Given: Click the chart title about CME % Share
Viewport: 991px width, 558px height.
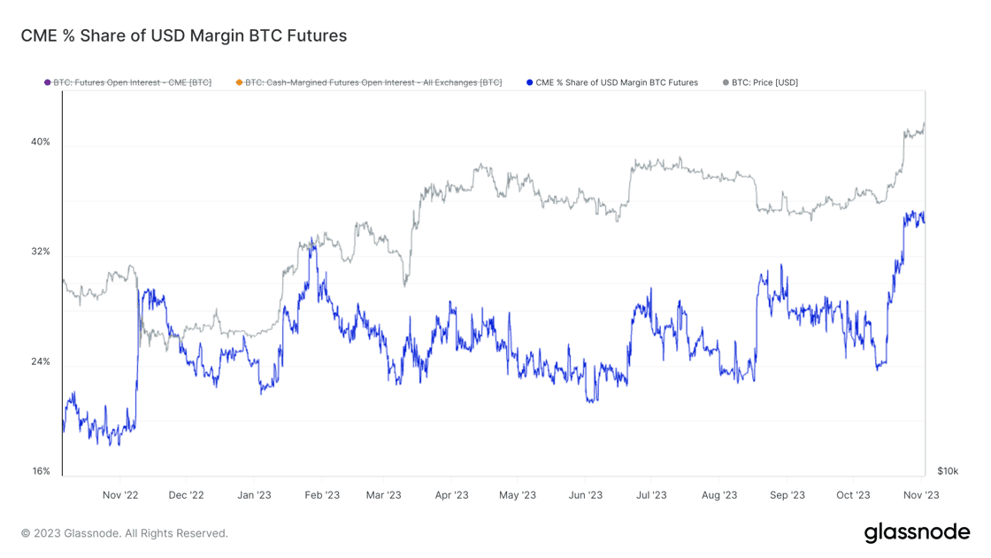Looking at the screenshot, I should point(184,35).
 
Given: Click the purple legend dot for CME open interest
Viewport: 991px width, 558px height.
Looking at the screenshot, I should point(48,82).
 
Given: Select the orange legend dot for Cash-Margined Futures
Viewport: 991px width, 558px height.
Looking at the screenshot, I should point(239,82).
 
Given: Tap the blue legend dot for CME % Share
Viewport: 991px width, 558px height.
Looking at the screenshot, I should point(530,82).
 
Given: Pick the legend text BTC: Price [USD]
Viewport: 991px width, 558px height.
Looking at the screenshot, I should point(764,82).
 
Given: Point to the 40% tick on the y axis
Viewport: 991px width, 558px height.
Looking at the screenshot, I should point(41,142).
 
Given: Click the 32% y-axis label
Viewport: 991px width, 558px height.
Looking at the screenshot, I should point(41,252).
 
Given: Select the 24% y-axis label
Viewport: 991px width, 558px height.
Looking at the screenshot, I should point(41,361).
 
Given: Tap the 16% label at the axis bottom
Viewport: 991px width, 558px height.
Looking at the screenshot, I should point(41,471).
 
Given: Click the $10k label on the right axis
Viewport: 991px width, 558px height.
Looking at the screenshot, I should point(948,471).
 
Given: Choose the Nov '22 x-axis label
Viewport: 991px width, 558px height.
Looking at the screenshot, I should point(120,495).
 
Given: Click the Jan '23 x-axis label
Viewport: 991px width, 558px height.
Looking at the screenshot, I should point(255,495).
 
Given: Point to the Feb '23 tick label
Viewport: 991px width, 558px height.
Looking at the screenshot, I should point(322,495).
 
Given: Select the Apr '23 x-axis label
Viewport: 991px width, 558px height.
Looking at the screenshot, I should point(451,495).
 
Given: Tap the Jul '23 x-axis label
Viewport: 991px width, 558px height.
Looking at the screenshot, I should point(652,495).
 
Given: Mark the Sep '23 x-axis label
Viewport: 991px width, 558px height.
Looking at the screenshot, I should point(787,495).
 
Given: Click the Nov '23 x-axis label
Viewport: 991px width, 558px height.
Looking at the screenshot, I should point(921,495).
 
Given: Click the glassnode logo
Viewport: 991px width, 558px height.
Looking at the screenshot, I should point(917,532).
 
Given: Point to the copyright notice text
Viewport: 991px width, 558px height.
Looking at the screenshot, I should point(125,533).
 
